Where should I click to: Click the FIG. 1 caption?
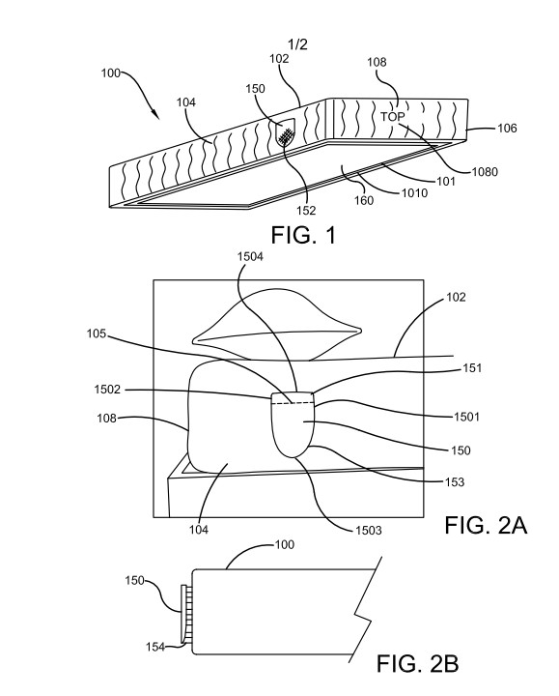tap(304, 235)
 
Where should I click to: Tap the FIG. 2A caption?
tap(486, 526)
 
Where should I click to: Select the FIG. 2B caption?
tap(418, 664)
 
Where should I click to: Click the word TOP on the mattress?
tap(392, 117)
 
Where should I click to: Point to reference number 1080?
tap(485, 172)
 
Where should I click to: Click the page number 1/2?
tap(297, 44)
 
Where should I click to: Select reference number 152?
tap(306, 210)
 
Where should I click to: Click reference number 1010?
tap(414, 192)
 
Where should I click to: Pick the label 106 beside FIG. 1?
tap(507, 129)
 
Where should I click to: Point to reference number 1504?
tap(250, 256)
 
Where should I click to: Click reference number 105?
tap(97, 333)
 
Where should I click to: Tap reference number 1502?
tap(107, 390)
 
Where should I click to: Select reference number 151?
tap(472, 368)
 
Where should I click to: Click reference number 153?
tap(455, 482)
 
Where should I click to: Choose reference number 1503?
tap(369, 531)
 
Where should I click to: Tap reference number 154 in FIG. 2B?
tap(155, 647)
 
